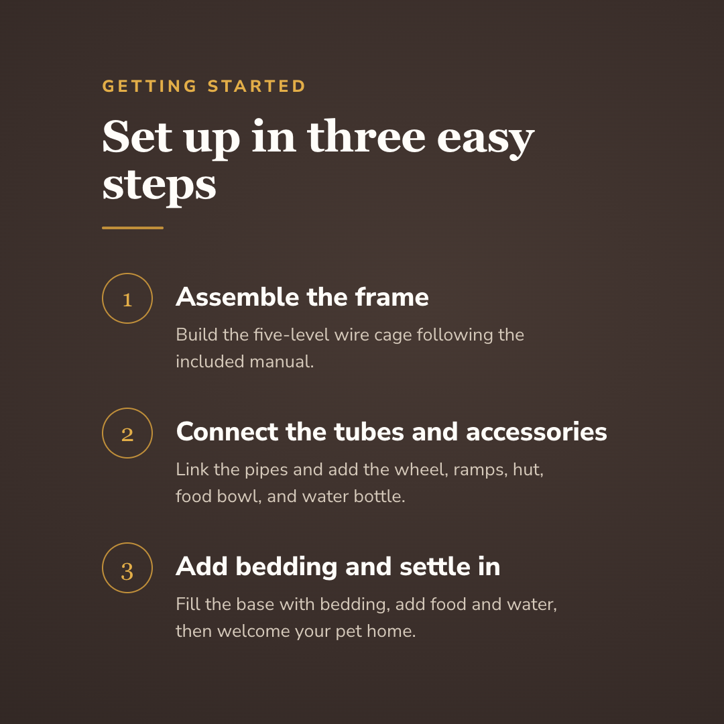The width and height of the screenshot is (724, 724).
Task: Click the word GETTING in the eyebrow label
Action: (x=149, y=86)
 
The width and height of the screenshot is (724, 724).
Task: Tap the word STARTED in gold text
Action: (x=257, y=86)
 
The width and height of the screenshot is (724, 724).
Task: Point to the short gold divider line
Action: (x=133, y=228)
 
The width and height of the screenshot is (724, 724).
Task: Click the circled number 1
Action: (x=127, y=298)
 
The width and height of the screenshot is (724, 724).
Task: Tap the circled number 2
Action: (x=127, y=433)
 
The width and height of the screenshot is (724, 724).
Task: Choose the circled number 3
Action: (x=127, y=568)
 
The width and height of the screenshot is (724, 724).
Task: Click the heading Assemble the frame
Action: (x=302, y=297)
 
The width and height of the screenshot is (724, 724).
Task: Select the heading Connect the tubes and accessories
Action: (x=391, y=432)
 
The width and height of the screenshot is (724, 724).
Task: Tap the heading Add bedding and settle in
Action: (x=338, y=566)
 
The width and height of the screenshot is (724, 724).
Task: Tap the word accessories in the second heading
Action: (x=536, y=432)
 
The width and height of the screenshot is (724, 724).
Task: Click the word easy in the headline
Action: (x=486, y=140)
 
